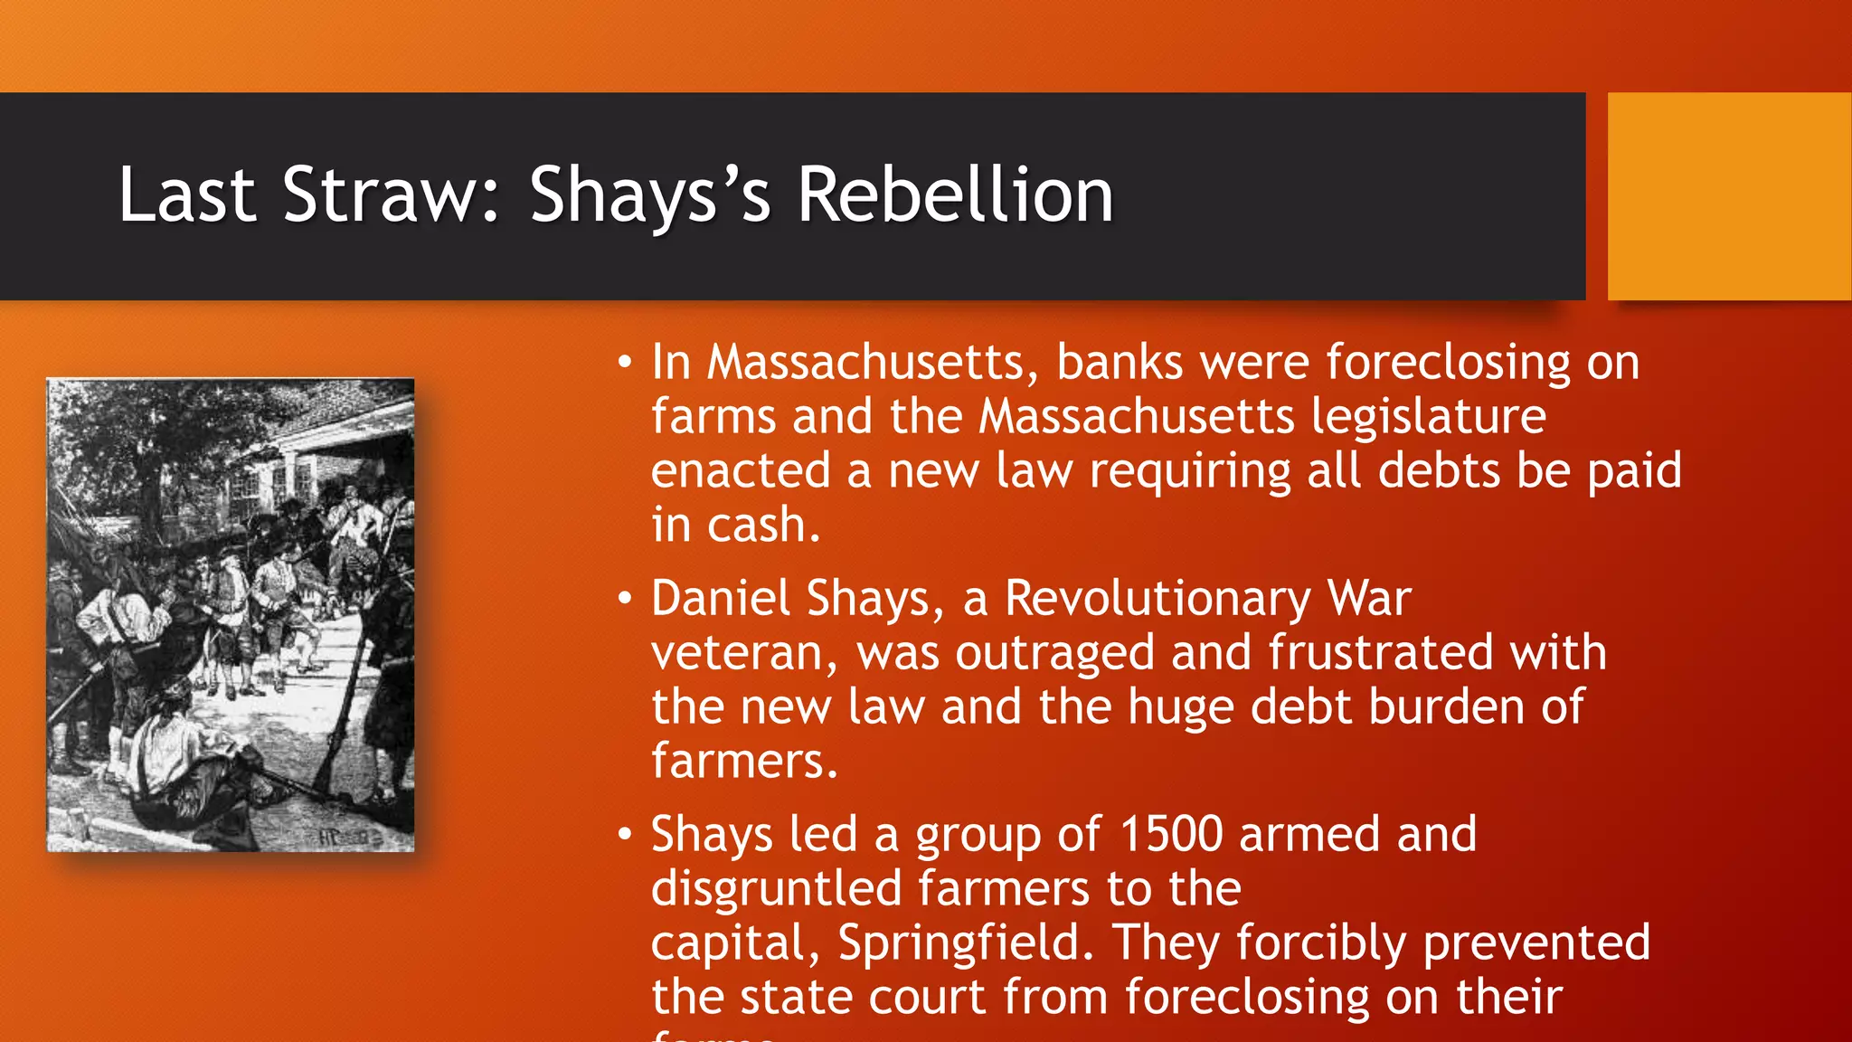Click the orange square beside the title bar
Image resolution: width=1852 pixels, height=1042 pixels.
coord(1729,196)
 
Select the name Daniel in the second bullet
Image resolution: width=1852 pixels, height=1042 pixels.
coord(721,599)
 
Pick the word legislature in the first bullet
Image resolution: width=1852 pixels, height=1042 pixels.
coord(1429,417)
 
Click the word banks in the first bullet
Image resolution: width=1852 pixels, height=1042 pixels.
coord(1120,363)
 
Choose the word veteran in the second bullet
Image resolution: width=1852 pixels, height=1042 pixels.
coord(739,653)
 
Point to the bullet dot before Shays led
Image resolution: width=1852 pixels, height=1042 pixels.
coord(624,835)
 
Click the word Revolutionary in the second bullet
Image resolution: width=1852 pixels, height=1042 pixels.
coord(1157,599)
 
